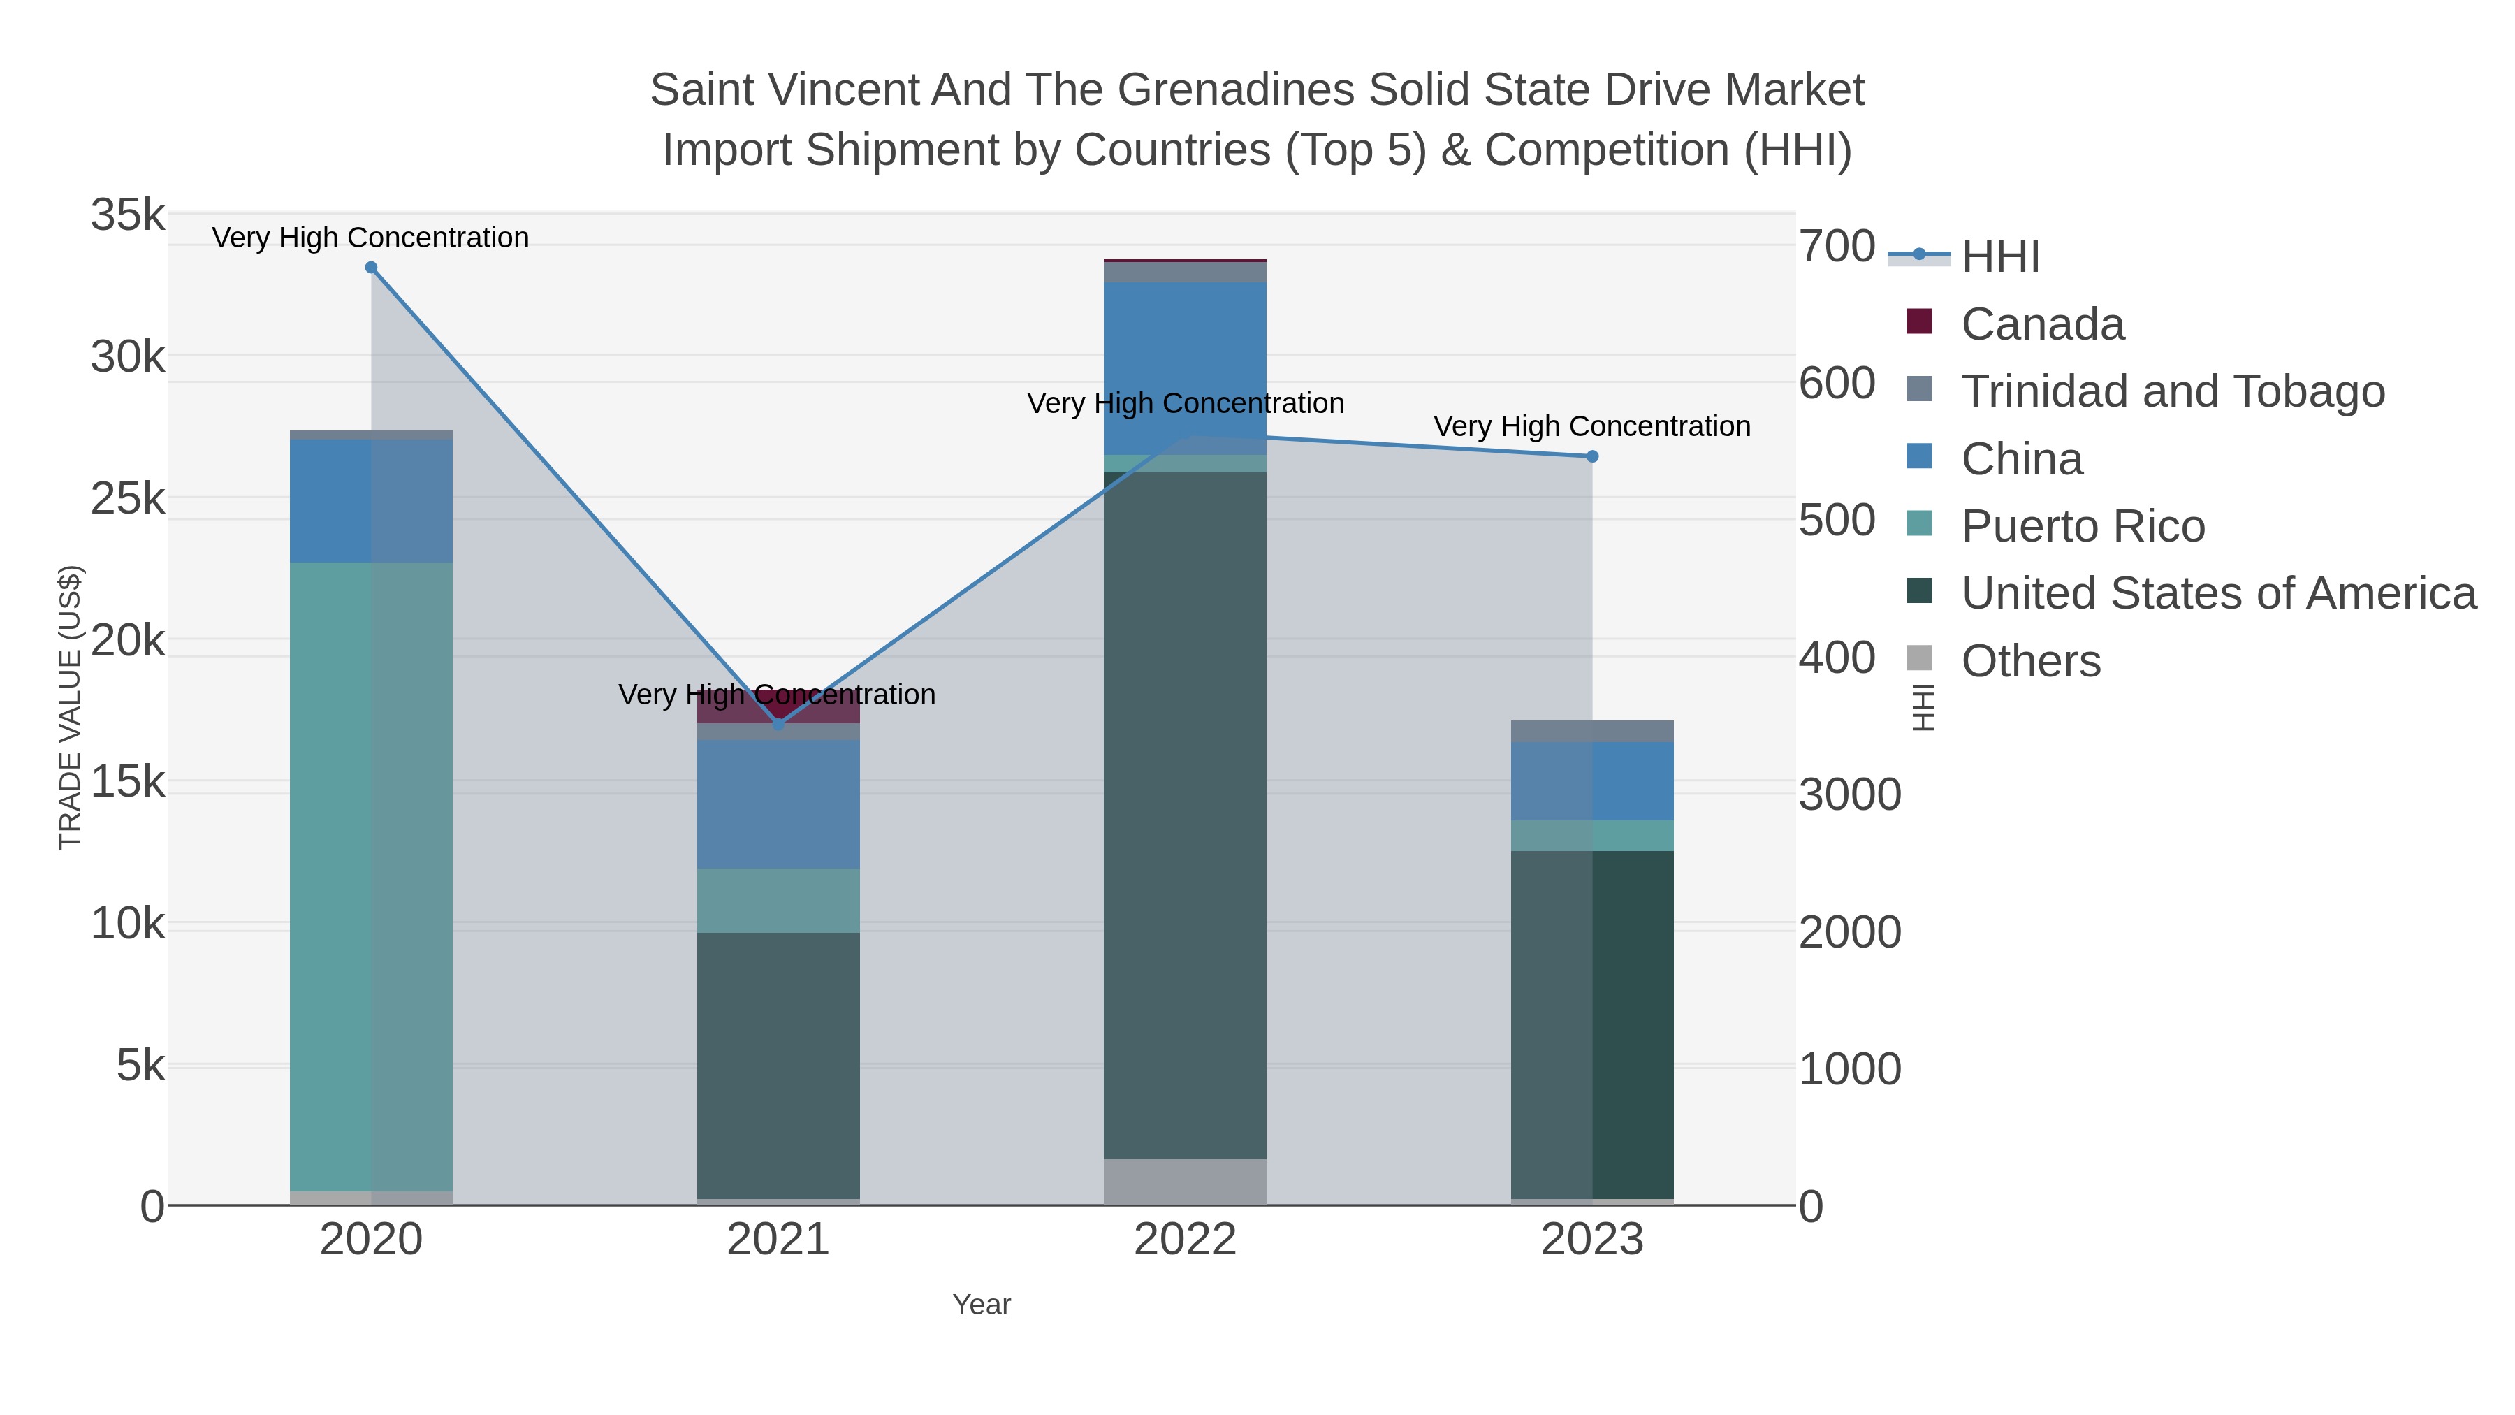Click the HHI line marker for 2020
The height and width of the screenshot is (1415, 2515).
[x=371, y=268]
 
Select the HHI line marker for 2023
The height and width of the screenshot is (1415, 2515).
[x=1592, y=456]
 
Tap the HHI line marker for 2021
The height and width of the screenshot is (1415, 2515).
[x=778, y=725]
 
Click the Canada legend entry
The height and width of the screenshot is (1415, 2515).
[x=2043, y=324]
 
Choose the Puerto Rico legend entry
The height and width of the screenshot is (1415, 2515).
[x=2083, y=526]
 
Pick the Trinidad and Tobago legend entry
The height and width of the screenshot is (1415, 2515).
[x=2172, y=391]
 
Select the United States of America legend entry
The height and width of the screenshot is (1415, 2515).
[x=2218, y=594]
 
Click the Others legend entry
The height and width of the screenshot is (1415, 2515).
[x=2031, y=661]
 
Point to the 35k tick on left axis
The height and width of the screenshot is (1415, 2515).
[x=128, y=215]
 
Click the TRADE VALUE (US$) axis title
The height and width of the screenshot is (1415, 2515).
[x=71, y=707]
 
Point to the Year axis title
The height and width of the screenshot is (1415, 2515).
[x=982, y=1305]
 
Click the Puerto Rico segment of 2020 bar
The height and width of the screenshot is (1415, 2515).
[x=371, y=879]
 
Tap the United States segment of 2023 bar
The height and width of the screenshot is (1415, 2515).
[x=1592, y=1025]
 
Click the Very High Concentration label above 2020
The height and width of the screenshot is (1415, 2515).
[x=371, y=238]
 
